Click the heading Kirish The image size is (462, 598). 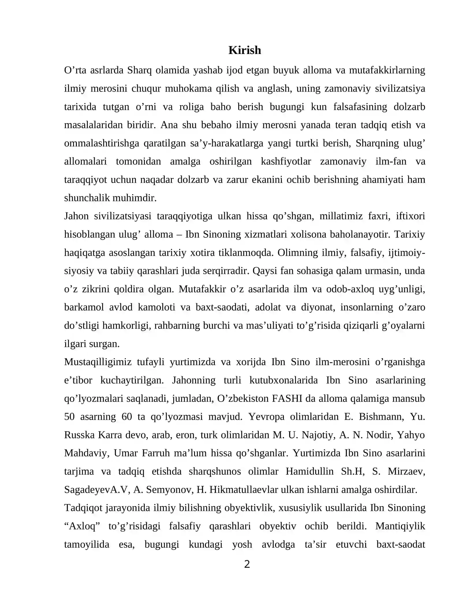point(245,50)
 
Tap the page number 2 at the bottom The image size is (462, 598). point(247,564)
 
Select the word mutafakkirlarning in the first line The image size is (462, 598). point(387,70)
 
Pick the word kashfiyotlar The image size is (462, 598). point(286,161)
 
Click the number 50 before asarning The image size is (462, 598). point(69,417)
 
